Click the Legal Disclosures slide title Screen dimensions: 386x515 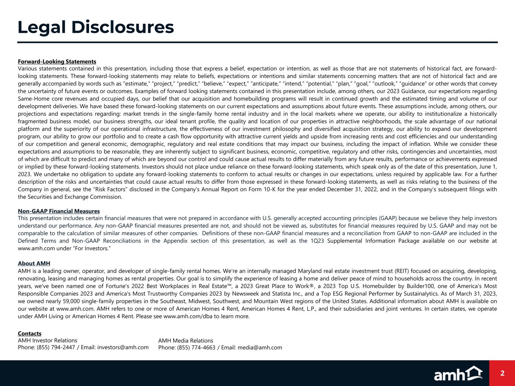[x=96, y=28]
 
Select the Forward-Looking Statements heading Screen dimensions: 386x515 [x=57, y=61]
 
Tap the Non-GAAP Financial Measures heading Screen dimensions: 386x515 [x=59, y=211]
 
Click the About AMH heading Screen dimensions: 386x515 [x=34, y=263]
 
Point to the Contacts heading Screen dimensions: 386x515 [x=29, y=334]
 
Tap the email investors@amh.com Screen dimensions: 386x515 [x=123, y=347]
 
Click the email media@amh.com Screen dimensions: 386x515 [x=260, y=348]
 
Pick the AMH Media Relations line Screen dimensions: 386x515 [x=186, y=341]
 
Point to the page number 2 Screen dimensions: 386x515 [x=502, y=373]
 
